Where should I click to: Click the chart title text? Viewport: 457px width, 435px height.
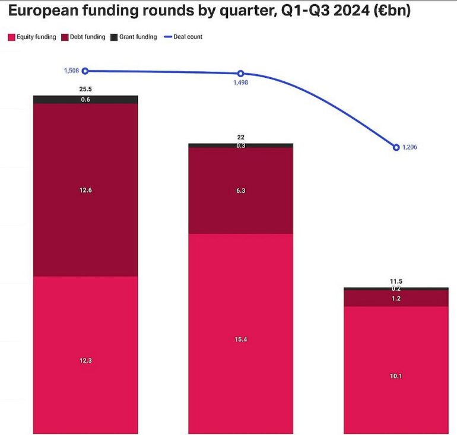(210, 11)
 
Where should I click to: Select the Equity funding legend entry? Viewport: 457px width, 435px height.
(32, 37)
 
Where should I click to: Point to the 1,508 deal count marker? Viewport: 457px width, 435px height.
(85, 71)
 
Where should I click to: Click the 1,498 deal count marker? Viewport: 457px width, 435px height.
(240, 74)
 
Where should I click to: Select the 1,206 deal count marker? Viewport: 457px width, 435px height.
(396, 147)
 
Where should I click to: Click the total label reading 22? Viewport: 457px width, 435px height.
(240, 137)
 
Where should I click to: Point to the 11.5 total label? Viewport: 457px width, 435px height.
(396, 281)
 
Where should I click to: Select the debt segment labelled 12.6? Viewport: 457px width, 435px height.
(85, 190)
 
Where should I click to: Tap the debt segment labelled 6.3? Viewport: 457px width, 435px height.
(240, 190)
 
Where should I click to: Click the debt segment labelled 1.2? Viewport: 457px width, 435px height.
(396, 298)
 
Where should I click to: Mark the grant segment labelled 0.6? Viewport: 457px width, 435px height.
(85, 99)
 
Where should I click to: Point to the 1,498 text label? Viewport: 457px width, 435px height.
(240, 84)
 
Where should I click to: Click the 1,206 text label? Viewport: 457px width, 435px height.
(410, 147)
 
